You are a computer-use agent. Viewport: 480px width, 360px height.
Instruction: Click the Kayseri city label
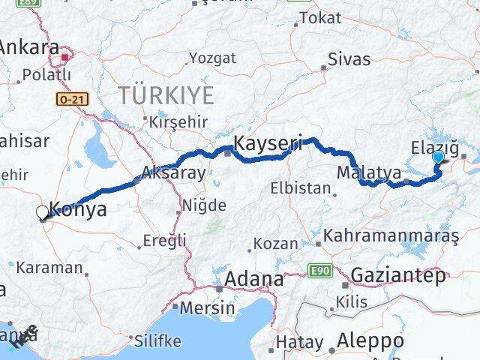268,142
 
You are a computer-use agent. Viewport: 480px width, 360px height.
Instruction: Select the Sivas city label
349,60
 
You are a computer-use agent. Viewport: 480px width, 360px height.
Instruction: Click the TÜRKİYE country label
166,95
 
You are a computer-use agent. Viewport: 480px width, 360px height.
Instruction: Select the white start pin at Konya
42,213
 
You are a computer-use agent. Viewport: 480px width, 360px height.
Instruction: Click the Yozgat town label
212,58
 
